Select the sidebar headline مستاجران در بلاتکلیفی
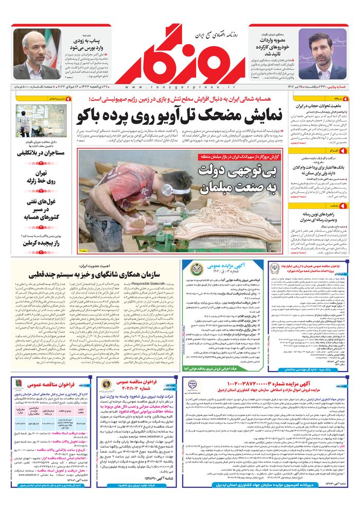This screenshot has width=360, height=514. pos(40,153)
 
